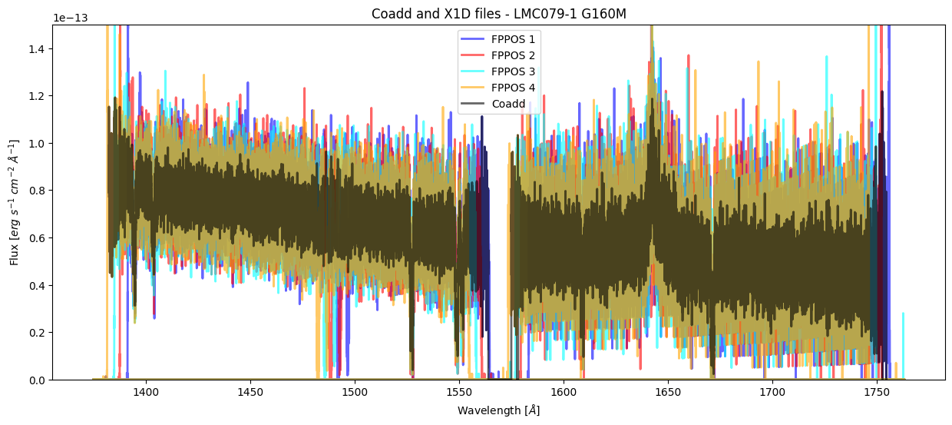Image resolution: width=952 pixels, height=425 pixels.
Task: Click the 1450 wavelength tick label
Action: tap(250, 392)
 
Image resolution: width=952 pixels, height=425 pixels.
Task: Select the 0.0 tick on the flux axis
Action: tap(38, 380)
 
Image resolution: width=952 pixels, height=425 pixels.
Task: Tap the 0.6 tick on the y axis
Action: tap(38, 238)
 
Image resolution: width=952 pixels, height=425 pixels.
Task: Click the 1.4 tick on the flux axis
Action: tap(38, 49)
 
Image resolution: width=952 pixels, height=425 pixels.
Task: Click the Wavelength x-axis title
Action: tap(499, 410)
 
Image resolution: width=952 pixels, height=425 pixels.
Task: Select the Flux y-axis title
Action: tap(15, 202)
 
